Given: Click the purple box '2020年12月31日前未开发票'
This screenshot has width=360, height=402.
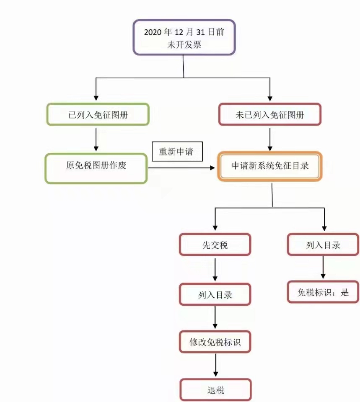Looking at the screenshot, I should click(x=184, y=37).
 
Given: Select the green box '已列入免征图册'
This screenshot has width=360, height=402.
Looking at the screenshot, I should click(x=98, y=114).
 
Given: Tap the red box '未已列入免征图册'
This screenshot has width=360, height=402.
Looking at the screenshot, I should click(x=269, y=114).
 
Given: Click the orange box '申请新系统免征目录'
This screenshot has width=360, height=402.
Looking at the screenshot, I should click(x=270, y=166).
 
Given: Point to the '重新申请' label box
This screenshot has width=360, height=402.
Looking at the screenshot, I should click(x=177, y=152).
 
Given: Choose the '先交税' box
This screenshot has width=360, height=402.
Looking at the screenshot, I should click(x=215, y=245).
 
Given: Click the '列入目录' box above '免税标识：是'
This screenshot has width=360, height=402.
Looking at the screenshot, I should click(x=323, y=245).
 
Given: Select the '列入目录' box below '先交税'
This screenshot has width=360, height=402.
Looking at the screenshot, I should click(x=215, y=294).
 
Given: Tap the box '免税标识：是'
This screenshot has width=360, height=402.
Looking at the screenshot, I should click(x=323, y=292).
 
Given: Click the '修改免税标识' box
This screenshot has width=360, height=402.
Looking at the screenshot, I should click(x=215, y=342).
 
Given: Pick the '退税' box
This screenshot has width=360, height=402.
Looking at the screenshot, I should click(x=215, y=390).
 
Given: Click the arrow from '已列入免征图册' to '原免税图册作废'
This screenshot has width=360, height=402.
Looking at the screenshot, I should click(x=96, y=139).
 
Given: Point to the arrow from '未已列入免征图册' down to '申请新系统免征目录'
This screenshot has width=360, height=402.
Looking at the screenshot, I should click(x=269, y=139).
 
